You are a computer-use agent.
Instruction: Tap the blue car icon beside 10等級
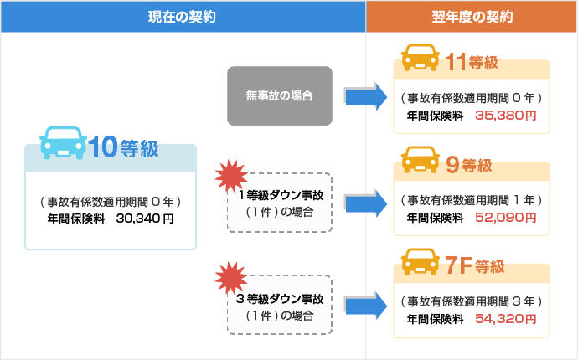pyautogui.click(x=63, y=142)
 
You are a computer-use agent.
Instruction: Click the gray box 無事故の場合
pyautogui.click(x=280, y=96)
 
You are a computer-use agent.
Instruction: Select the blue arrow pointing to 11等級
pyautogui.click(x=364, y=96)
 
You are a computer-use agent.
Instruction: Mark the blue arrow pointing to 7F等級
pyautogui.click(x=364, y=306)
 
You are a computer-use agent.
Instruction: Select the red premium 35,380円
pyautogui.click(x=505, y=115)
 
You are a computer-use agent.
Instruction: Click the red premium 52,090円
pyautogui.click(x=505, y=217)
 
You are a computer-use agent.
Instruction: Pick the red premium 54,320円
pyautogui.click(x=505, y=319)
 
